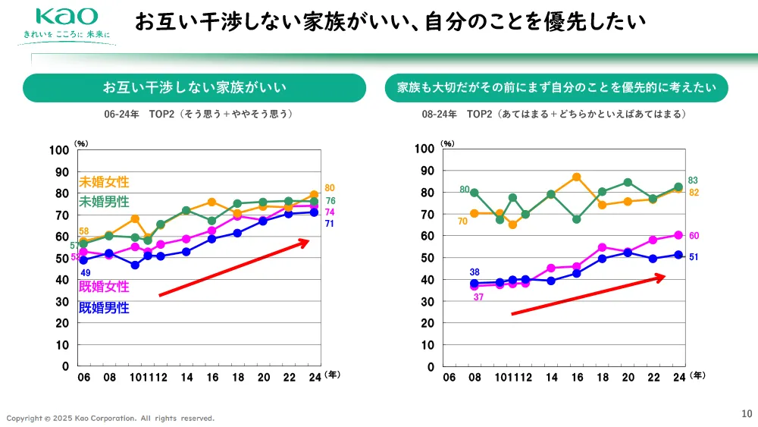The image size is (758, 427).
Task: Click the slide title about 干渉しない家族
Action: tap(390, 21)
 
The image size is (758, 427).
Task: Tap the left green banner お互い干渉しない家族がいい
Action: tap(195, 88)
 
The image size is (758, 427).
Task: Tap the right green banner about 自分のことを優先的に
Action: tap(556, 88)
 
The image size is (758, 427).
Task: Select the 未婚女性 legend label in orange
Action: tap(104, 182)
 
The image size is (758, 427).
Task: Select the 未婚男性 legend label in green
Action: tap(104, 202)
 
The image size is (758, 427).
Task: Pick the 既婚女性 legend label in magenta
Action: tap(104, 287)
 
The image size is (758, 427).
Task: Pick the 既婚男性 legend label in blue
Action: tap(104, 308)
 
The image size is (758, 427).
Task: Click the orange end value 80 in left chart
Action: tap(330, 187)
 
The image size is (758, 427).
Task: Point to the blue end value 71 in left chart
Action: tap(330, 224)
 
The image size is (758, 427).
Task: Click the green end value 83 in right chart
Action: tap(693, 181)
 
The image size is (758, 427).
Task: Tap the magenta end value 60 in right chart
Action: tap(694, 236)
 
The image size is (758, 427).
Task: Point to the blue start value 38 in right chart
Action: tap(475, 272)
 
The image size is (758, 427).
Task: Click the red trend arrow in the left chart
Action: tap(235, 268)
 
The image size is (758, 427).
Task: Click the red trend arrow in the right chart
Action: tap(588, 295)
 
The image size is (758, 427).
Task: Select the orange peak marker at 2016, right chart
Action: tap(576, 177)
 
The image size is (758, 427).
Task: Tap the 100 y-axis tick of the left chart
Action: tap(59, 149)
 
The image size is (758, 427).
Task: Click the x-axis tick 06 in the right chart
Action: tap(449, 377)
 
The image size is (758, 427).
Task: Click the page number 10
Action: tap(746, 413)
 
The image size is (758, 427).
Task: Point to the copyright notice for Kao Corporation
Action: tap(111, 418)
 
